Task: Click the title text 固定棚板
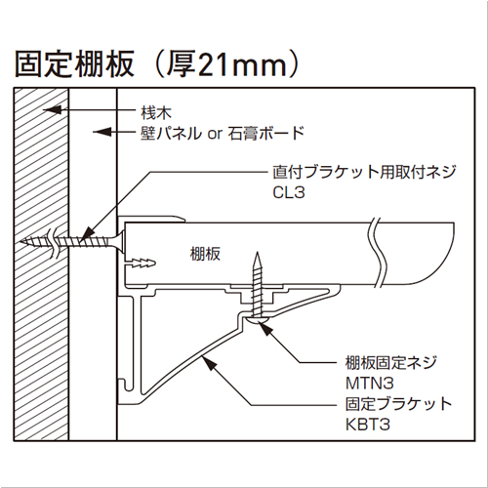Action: [x=74, y=63]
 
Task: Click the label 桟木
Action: [x=156, y=113]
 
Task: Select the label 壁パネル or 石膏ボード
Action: [x=223, y=133]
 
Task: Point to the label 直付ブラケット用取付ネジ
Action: [x=364, y=172]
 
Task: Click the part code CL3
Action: [x=289, y=192]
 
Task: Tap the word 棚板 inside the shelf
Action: [x=205, y=254]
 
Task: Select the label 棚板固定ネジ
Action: [x=391, y=363]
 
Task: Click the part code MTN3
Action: [x=370, y=383]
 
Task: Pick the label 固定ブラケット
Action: [x=398, y=404]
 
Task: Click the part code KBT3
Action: [x=368, y=425]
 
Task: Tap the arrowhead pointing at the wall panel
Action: [x=102, y=132]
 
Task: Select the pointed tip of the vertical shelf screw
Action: [x=258, y=253]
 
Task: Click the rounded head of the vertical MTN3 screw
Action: [x=258, y=321]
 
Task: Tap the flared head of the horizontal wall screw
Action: [x=120, y=241]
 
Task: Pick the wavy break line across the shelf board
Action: [x=377, y=252]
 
